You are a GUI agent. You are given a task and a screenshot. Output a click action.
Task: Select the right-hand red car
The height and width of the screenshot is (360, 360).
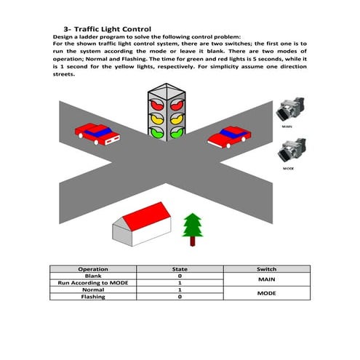click(x=230, y=136)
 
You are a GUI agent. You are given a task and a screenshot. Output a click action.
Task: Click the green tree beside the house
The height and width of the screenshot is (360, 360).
click(x=192, y=228)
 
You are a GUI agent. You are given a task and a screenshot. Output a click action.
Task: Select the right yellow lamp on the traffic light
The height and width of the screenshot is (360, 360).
click(x=175, y=116)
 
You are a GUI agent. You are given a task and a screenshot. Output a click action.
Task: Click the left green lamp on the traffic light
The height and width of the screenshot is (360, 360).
click(x=156, y=132)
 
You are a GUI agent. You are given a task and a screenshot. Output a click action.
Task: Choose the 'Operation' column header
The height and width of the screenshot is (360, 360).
click(x=93, y=269)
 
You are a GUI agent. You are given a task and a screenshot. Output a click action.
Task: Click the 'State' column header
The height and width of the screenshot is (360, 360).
click(x=180, y=269)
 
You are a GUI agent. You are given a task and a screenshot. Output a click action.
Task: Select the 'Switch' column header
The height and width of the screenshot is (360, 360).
click(x=267, y=269)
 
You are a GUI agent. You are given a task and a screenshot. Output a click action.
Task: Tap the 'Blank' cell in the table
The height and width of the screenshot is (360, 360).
click(x=93, y=276)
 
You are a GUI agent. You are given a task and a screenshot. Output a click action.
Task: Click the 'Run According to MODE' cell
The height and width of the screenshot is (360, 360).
click(x=93, y=283)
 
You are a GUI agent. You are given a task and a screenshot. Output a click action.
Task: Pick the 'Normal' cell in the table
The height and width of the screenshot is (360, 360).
click(x=93, y=289)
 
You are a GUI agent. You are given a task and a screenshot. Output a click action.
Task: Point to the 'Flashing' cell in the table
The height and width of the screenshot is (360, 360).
click(x=93, y=297)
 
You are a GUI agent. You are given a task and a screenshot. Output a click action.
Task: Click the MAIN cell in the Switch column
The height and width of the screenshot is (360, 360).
click(x=267, y=279)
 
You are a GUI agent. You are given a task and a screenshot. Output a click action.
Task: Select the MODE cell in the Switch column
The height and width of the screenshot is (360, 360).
click(x=267, y=293)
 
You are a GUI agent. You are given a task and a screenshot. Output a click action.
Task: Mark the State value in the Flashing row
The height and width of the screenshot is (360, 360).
click(x=180, y=297)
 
